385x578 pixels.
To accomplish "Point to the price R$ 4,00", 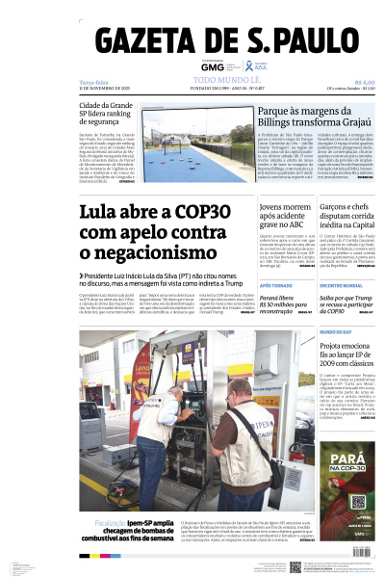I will click(364, 83).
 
